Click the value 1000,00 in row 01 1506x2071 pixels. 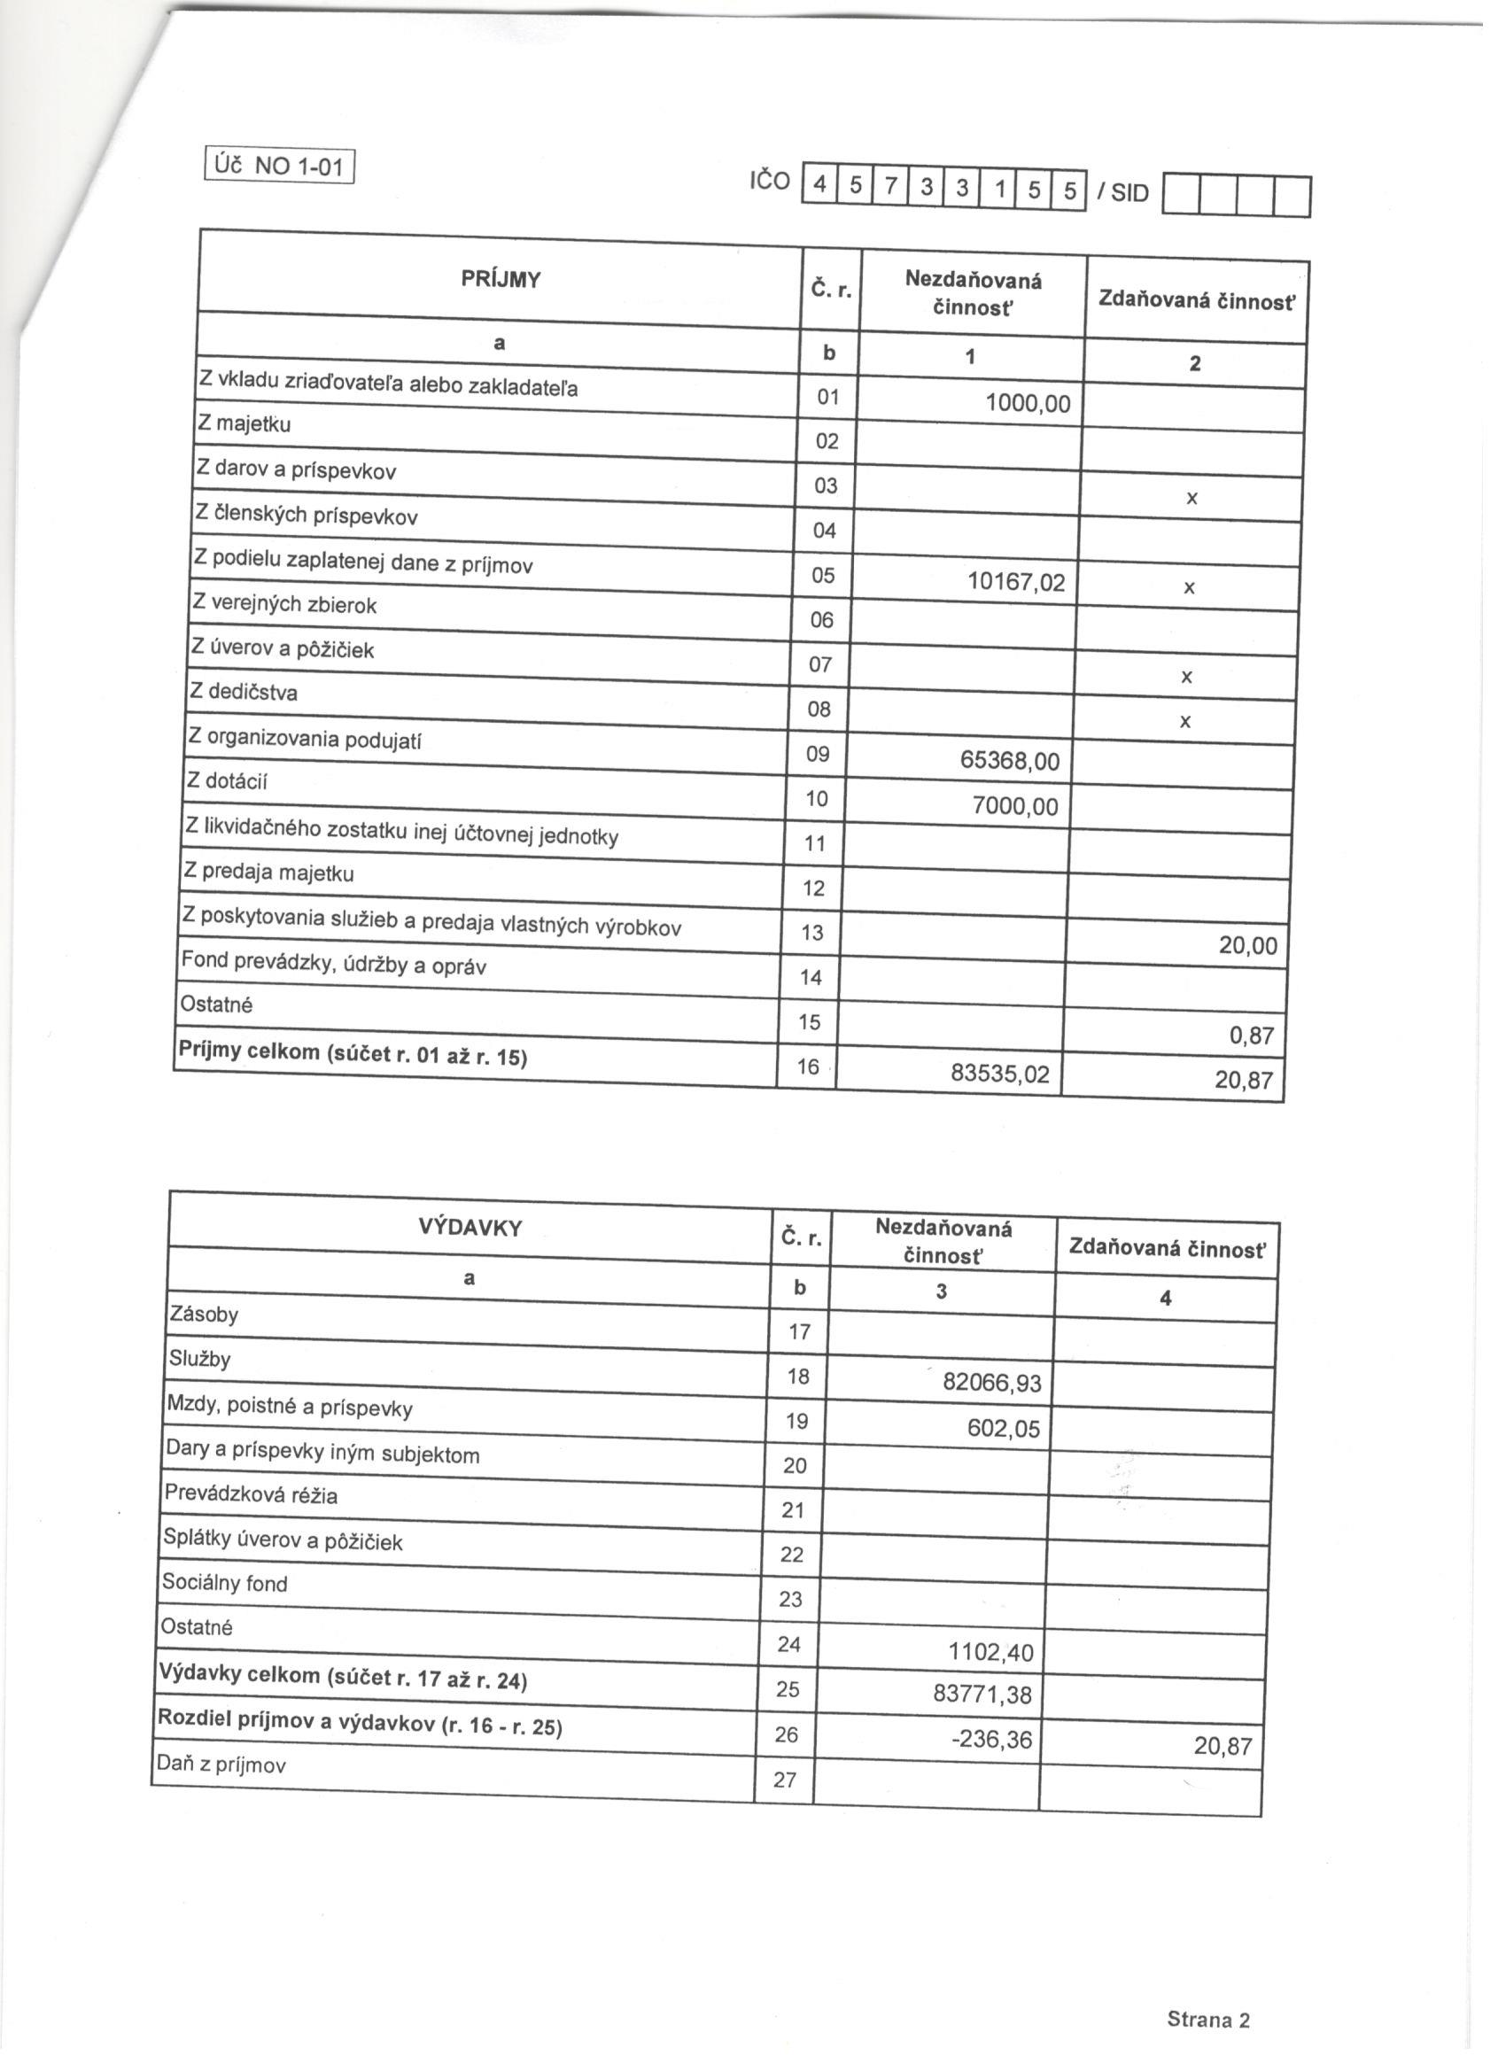[x=1028, y=403]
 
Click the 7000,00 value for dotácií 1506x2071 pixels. [x=1015, y=806]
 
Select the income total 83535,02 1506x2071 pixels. [x=1000, y=1074]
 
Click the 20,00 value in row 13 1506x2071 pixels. [x=1247, y=946]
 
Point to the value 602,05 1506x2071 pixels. [x=1004, y=1428]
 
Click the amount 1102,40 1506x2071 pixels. [x=991, y=1652]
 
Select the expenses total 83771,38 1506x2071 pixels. [x=982, y=1695]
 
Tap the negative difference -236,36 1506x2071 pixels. [x=991, y=1740]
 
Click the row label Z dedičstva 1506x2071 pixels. [x=243, y=692]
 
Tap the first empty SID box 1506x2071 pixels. [x=1180, y=197]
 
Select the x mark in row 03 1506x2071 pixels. [x=1191, y=499]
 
